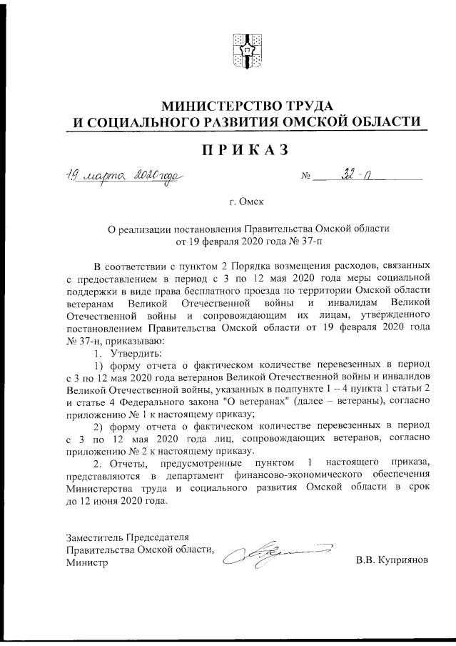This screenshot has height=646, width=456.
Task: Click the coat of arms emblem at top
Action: [x=247, y=50]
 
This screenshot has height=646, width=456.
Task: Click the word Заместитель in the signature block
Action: [x=96, y=537]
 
